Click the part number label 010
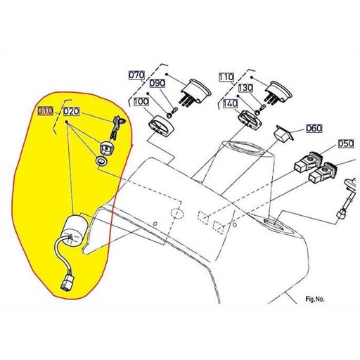[46, 111]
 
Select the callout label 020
[72, 111]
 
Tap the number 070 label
[136, 75]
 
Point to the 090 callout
[157, 84]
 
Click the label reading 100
[141, 103]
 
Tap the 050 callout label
[345, 143]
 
